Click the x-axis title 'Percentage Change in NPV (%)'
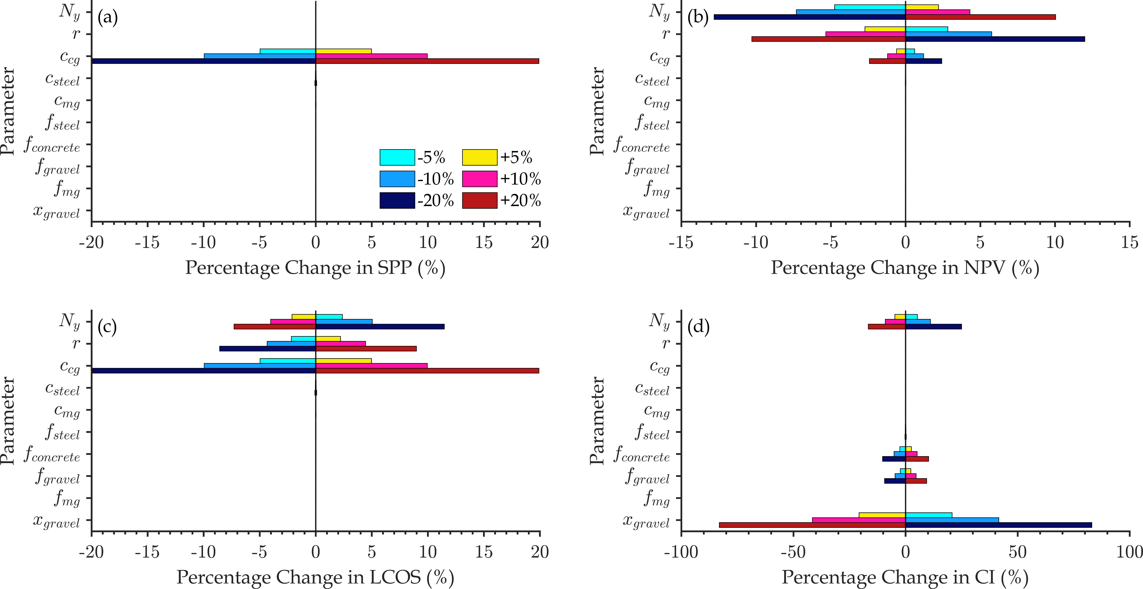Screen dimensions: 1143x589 (905, 268)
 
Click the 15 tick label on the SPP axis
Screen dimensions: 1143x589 (484, 242)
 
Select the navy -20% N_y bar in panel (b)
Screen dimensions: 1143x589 (810, 17)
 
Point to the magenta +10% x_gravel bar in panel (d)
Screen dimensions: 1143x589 (859, 520)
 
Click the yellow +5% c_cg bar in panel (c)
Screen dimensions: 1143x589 (343, 361)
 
